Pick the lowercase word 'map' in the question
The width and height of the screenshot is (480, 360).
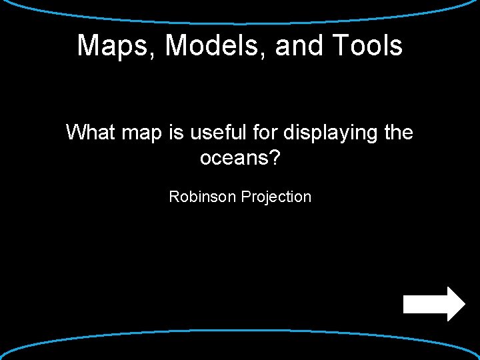[144, 134]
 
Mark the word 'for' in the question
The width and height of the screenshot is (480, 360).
[266, 133]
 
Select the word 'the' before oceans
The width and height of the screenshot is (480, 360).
[399, 133]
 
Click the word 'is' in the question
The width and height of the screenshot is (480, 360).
[176, 133]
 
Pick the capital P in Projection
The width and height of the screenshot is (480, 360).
[245, 197]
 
